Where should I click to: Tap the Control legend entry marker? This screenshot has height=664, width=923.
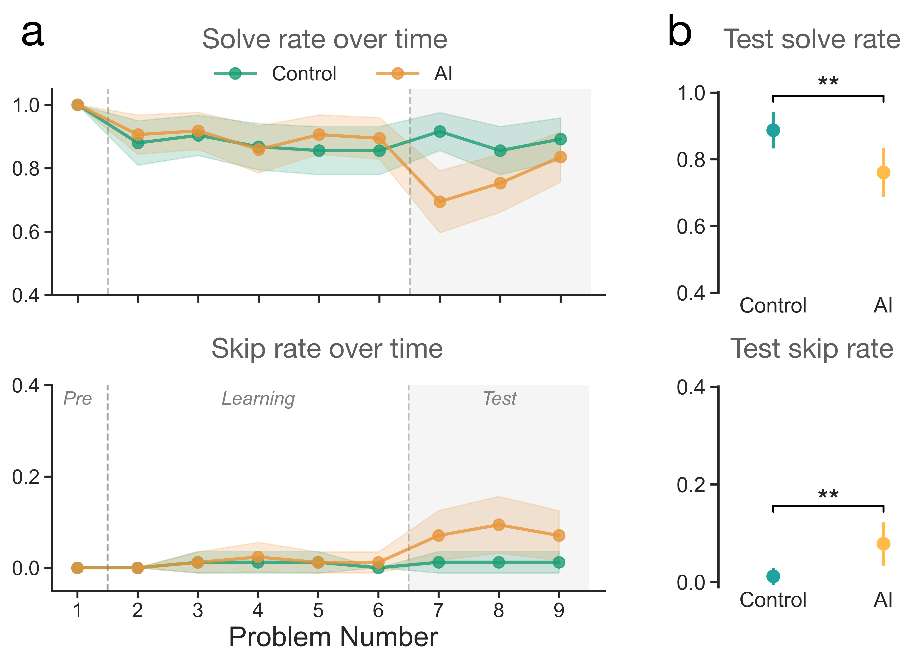(x=235, y=74)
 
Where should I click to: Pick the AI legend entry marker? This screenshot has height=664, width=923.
(x=397, y=74)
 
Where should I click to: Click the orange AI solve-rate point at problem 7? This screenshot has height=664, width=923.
(x=440, y=202)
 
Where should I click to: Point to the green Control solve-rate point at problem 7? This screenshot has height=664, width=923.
(x=440, y=131)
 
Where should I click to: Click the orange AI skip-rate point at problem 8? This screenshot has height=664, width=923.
(x=499, y=525)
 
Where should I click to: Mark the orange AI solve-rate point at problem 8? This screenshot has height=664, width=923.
(x=500, y=183)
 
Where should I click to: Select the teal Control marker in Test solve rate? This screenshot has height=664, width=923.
(x=773, y=130)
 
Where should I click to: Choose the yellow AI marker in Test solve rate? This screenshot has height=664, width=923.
(x=883, y=172)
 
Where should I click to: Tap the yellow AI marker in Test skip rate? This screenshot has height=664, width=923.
(x=883, y=544)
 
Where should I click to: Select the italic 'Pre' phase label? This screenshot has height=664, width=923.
(x=77, y=399)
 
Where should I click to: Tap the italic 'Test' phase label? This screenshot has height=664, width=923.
(x=499, y=399)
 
